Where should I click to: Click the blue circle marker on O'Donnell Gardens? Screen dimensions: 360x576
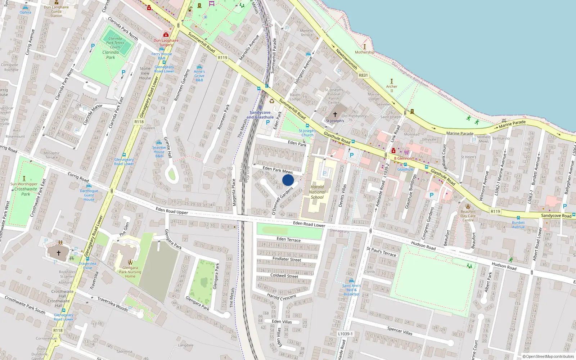(288, 180)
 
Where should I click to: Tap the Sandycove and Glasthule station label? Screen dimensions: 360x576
(260, 115)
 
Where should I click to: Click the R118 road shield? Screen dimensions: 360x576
(139, 122)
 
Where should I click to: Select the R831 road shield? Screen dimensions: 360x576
(363, 75)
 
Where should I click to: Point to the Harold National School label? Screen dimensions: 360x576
(317, 192)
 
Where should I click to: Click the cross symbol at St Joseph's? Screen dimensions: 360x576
(335, 114)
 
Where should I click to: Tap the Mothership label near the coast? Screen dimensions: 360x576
(364, 52)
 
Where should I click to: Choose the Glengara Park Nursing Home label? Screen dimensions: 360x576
(130, 272)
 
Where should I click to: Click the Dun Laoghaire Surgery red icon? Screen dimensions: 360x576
(166, 35)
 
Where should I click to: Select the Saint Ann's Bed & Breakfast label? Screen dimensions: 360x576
(351, 290)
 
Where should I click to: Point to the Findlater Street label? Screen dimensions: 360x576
(287, 259)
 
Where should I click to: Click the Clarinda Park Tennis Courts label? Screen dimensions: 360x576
(115, 42)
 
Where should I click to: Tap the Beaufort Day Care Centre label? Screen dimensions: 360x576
(468, 216)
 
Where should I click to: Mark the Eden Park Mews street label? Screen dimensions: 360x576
(278, 170)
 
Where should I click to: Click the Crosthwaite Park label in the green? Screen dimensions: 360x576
(26, 191)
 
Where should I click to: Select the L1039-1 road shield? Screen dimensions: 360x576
(345, 334)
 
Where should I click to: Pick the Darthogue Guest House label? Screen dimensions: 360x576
(89, 195)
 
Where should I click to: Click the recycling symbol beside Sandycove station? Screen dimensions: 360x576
(272, 101)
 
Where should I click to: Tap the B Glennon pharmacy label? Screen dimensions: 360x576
(403, 158)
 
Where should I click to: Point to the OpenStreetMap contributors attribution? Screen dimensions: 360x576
(548, 356)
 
